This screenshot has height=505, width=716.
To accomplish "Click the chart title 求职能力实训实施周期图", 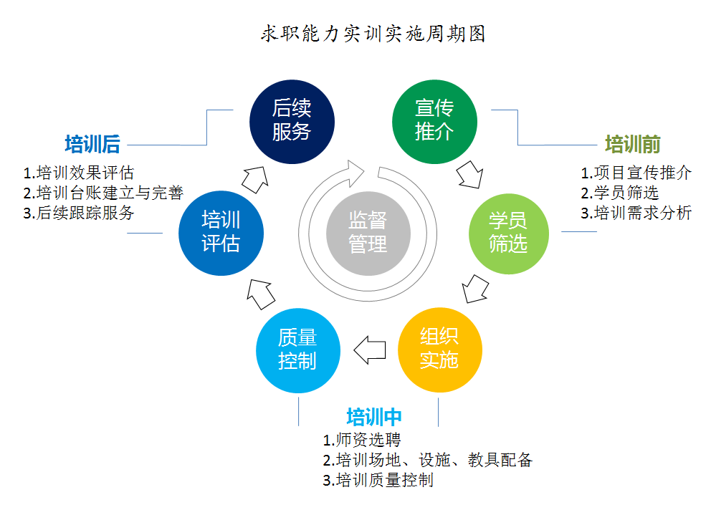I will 373,34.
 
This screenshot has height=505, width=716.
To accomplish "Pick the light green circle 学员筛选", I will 507,231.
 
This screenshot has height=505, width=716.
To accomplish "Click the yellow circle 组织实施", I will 439,349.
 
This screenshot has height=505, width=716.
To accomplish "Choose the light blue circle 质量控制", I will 297,349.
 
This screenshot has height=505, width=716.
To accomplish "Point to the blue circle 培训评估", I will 221,231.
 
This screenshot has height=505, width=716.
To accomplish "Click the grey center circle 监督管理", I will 368,231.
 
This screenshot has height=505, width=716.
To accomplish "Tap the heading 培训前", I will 632,144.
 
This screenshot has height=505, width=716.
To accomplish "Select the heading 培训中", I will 374,417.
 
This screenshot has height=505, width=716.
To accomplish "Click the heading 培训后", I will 92,144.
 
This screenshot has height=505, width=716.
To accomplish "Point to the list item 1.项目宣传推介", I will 636,173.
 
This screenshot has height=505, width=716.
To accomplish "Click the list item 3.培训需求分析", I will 636,213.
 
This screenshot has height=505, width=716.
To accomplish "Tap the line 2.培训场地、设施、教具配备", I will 427,460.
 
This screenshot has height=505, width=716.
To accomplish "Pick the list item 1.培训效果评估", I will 79,173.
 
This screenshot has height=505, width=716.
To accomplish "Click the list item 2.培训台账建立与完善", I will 103,193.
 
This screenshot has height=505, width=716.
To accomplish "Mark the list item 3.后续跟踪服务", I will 79,213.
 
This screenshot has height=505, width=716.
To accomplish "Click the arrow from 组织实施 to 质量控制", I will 370,350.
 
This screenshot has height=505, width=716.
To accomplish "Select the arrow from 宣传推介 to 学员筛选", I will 470,175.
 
